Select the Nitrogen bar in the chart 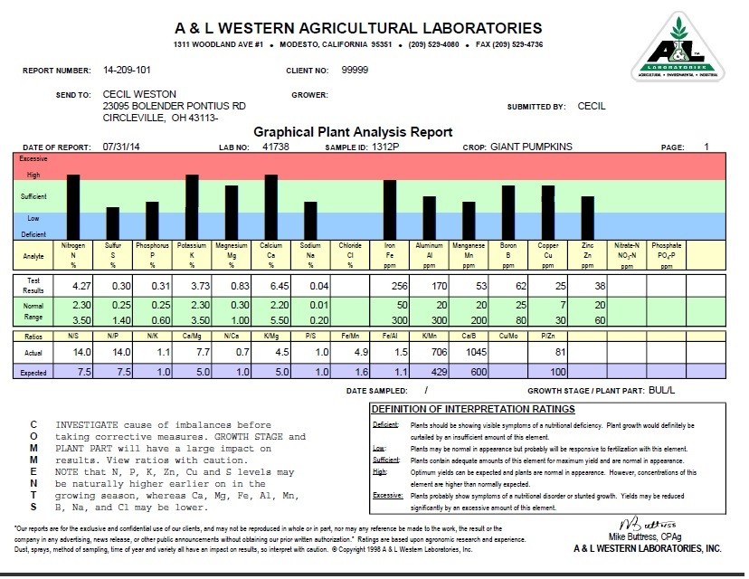[73, 206]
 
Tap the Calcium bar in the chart [270, 206]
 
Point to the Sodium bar [310, 220]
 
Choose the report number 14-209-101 [129, 70]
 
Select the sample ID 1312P [387, 146]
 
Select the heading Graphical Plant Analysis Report [353, 131]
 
